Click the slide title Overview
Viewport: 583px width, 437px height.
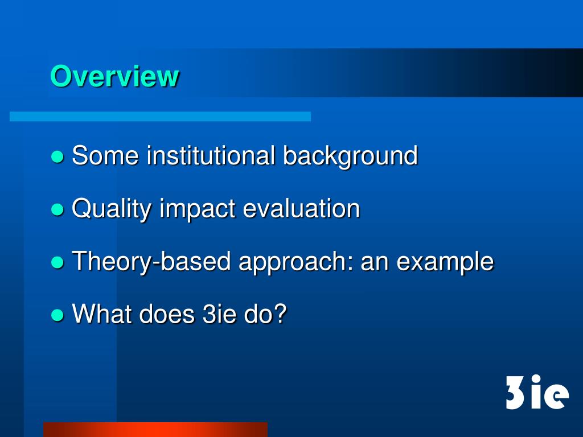pyautogui.click(x=114, y=76)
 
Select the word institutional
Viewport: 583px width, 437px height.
pyautogui.click(x=211, y=156)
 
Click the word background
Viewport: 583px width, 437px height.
pyautogui.click(x=350, y=156)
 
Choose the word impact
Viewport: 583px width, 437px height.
pyautogui.click(x=198, y=209)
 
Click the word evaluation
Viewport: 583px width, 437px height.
pyautogui.click(x=301, y=208)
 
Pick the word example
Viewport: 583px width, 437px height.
pyautogui.click(x=445, y=262)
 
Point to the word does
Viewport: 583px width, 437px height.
pyautogui.click(x=167, y=314)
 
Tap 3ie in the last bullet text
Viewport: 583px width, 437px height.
pyautogui.click(x=219, y=314)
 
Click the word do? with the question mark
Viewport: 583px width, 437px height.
pyautogui.click(x=265, y=314)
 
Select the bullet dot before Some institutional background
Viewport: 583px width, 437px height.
pyautogui.click(x=57, y=156)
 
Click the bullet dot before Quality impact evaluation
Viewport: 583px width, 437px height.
pyautogui.click(x=57, y=209)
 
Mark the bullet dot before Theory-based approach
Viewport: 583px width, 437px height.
pyautogui.click(x=57, y=262)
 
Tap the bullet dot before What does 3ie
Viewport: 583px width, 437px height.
pyautogui.click(x=57, y=315)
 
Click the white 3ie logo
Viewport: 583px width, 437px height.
pyautogui.click(x=537, y=393)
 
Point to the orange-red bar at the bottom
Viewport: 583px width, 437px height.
pyautogui.click(x=155, y=429)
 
